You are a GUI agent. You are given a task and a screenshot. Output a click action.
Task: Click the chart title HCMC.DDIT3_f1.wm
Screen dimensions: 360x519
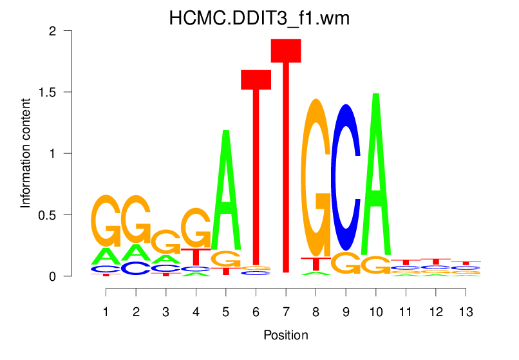(259, 18)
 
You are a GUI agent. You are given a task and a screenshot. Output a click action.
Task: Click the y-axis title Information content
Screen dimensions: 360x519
(26, 153)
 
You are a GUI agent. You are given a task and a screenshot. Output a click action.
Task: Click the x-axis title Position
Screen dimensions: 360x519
(285, 336)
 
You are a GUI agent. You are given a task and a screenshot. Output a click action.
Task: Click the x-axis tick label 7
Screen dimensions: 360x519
(286, 312)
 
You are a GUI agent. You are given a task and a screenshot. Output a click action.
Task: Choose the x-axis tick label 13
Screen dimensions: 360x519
(466, 312)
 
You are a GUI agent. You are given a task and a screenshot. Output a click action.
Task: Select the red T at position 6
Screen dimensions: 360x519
(256, 167)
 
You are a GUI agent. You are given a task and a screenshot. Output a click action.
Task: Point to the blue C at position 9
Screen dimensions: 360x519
(346, 177)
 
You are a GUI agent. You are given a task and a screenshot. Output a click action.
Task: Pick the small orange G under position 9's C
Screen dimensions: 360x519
(346, 263)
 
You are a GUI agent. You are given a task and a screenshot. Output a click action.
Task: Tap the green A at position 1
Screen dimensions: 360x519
(106, 257)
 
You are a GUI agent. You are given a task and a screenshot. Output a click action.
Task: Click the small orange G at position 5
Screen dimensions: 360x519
(226, 259)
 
